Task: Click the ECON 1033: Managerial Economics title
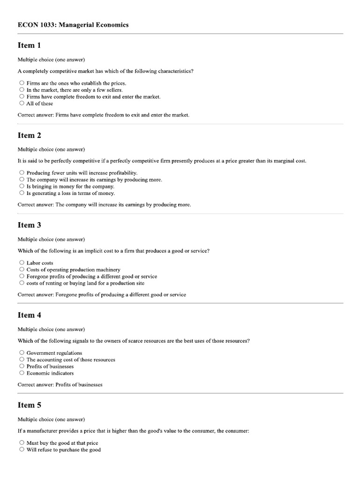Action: pos(73,25)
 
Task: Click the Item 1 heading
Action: pos(30,45)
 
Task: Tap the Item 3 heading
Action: pos(30,225)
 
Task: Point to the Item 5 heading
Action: pos(30,405)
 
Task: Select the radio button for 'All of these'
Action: pos(22,103)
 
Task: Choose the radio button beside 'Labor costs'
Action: pos(22,262)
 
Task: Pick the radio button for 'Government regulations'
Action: pos(22,352)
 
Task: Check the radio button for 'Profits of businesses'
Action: pos(22,366)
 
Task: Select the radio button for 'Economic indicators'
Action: pos(22,373)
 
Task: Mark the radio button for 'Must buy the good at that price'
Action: pos(22,442)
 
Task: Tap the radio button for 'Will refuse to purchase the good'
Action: pos(22,450)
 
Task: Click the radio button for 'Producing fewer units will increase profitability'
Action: pos(22,172)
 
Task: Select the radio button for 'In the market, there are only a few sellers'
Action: pos(22,90)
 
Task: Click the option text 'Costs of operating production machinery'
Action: pos(73,270)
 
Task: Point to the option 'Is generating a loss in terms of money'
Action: pos(70,193)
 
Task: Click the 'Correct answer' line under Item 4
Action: pos(60,384)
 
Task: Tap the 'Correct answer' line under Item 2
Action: pos(104,204)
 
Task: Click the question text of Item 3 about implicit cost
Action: pos(113,251)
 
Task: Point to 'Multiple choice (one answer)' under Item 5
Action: pos(51,419)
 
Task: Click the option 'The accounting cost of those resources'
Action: pos(71,360)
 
